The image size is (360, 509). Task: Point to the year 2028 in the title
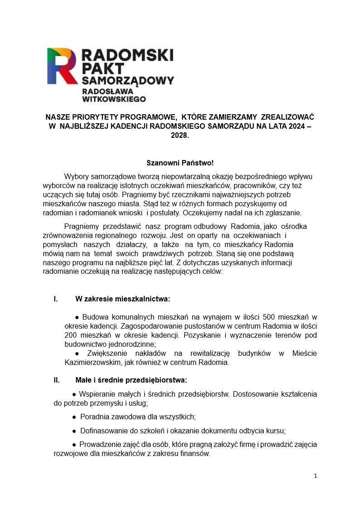pyautogui.click(x=180, y=135)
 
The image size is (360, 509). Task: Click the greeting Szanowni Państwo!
pyautogui.click(x=180, y=163)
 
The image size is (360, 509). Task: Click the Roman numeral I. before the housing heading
pyautogui.click(x=56, y=299)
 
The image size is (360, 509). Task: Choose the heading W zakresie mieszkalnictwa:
pyautogui.click(x=122, y=299)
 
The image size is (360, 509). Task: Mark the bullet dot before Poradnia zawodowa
pyautogui.click(x=74, y=417)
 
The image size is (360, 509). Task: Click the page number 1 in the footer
pyautogui.click(x=315, y=476)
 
